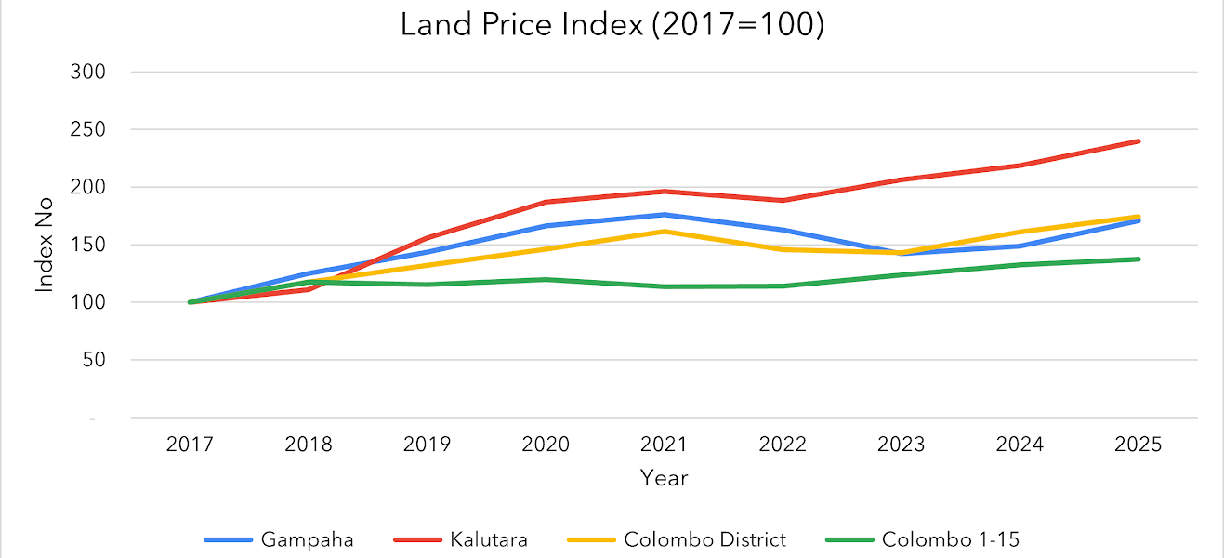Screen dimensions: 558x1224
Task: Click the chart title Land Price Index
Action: [x=612, y=25]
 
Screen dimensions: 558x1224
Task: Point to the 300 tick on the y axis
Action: [x=88, y=72]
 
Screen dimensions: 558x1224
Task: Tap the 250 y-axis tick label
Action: [x=88, y=129]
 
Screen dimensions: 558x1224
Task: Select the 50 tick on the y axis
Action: [x=94, y=360]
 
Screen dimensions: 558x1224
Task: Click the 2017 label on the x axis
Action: [x=190, y=445]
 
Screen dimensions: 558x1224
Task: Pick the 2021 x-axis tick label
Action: [x=664, y=445]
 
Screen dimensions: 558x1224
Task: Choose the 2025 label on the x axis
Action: [x=1138, y=445]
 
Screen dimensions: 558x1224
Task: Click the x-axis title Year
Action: [x=664, y=478]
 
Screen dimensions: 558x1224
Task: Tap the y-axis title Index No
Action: [x=45, y=246]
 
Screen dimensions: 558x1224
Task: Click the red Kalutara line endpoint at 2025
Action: [x=1138, y=141]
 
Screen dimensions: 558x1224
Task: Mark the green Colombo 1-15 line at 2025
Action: [x=1138, y=259]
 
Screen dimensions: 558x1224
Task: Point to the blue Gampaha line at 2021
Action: [x=664, y=215]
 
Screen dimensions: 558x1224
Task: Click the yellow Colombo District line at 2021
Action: [x=664, y=231]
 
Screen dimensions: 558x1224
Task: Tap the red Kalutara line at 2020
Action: [x=546, y=202]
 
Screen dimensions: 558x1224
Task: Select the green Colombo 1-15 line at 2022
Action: [x=783, y=286]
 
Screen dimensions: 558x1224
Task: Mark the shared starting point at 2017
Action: [x=190, y=302]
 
